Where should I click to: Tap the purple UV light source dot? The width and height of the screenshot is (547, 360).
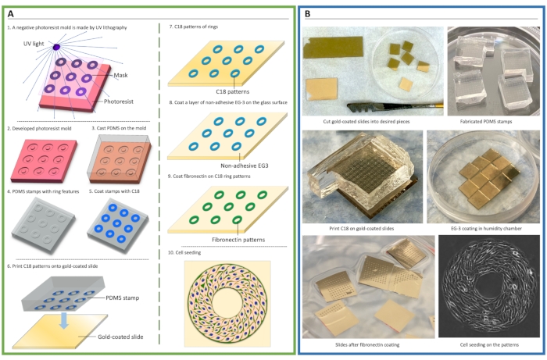coord(57,48)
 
